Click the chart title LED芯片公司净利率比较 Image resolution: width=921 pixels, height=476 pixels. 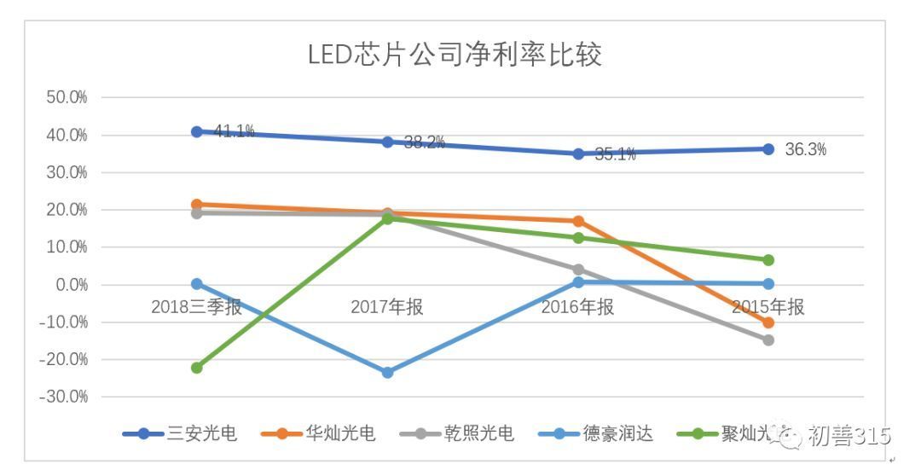pos(455,55)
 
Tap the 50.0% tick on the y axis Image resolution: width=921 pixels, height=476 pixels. pos(67,97)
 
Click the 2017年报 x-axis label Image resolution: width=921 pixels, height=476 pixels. pos(387,307)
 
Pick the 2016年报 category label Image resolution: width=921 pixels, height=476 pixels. pos(577,307)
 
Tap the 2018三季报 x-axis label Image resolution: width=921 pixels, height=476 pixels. pos(196,307)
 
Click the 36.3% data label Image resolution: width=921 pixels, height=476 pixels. pos(805,150)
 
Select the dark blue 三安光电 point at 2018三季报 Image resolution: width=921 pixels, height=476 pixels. pos(197,131)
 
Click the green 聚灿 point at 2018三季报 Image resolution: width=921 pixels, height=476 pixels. pos(197,368)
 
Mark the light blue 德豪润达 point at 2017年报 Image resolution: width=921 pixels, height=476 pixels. pos(387,372)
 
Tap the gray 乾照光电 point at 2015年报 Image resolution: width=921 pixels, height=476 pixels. pos(768,340)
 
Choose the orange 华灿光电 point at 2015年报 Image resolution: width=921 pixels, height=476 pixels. pos(768,322)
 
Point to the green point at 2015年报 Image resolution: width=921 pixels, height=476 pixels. pos(768,260)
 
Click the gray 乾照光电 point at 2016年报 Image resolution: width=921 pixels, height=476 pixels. pos(578,270)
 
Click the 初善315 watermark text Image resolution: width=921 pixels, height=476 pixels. pos(849,436)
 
